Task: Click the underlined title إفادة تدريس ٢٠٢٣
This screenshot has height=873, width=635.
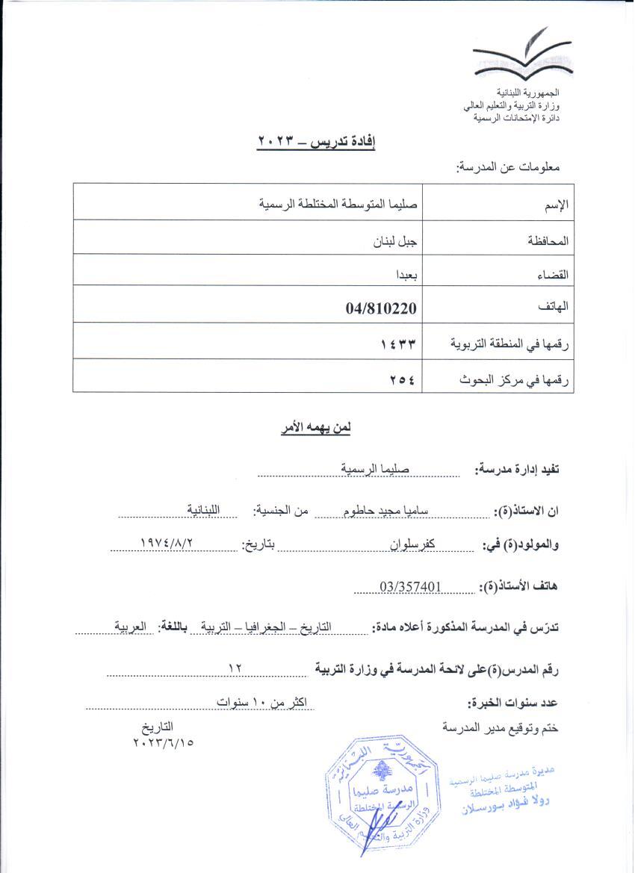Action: click(316, 142)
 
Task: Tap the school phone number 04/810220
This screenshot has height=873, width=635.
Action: click(381, 307)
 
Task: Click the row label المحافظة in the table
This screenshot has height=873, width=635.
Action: click(549, 242)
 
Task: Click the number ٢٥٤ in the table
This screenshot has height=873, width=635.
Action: click(402, 379)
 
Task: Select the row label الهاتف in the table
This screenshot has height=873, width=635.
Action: click(554, 307)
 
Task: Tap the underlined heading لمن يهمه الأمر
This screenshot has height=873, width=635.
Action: click(317, 428)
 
